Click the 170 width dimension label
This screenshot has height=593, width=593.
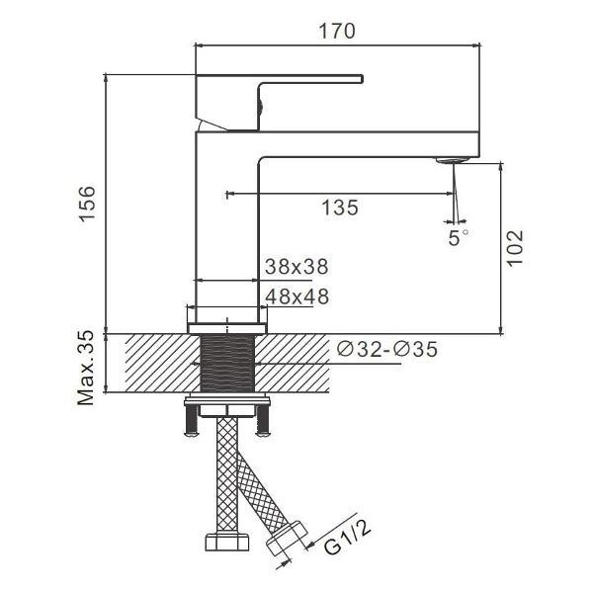(x=337, y=31)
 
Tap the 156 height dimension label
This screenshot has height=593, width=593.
(x=87, y=203)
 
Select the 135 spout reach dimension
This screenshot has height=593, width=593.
(x=340, y=208)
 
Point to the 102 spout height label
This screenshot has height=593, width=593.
(x=515, y=248)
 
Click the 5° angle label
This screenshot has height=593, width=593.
(x=458, y=237)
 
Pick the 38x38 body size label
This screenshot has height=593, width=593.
(x=296, y=267)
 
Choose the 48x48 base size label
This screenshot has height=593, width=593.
(x=297, y=296)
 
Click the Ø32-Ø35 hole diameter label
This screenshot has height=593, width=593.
(x=386, y=349)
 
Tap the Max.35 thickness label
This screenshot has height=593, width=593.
(x=86, y=368)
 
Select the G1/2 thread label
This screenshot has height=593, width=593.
(x=347, y=535)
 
